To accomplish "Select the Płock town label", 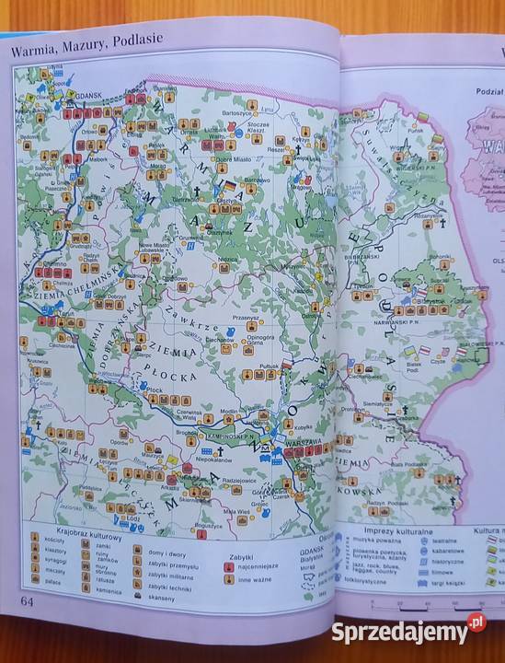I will [x=154, y=389].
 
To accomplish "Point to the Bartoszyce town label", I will [x=237, y=111].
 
